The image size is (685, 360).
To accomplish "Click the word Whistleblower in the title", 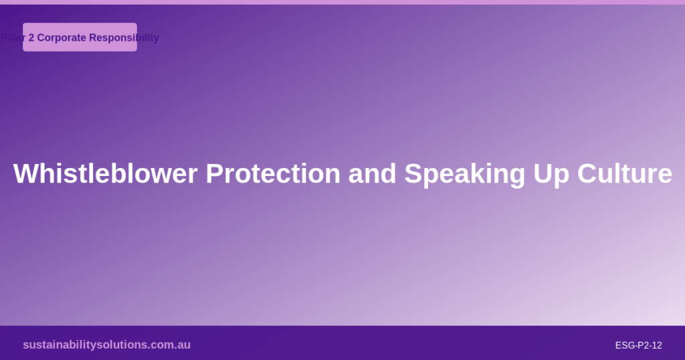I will point(106,174).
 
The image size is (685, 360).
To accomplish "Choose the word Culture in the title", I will point(625,174).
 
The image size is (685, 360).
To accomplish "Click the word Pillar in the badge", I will point(13,38).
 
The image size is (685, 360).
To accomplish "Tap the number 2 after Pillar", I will point(31,38).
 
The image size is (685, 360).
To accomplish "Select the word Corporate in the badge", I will point(62,38).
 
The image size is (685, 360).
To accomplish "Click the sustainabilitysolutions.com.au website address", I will point(106,345).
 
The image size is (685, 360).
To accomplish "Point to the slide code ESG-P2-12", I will point(638,345).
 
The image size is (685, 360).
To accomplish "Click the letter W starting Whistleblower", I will point(25,174).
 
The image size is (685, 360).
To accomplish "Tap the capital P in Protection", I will point(214,174).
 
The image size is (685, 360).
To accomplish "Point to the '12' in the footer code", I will point(656,345).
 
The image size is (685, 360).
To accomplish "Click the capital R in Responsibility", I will point(93,38).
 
